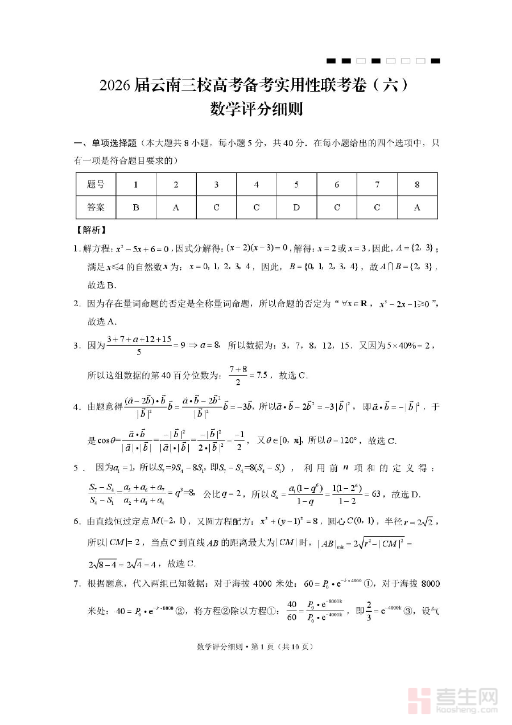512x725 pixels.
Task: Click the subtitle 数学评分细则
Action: pyautogui.click(x=255, y=108)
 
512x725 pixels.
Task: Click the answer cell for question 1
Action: pyautogui.click(x=136, y=208)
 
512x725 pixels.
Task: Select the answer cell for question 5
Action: pyautogui.click(x=296, y=208)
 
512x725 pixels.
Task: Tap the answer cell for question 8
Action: pyautogui.click(x=417, y=208)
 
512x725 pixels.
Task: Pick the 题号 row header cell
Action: pyautogui.click(x=96, y=184)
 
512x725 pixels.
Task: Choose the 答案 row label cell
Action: pyautogui.click(x=96, y=208)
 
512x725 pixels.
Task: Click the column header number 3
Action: pyautogui.click(x=216, y=184)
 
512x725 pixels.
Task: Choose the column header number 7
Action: pyautogui.click(x=377, y=184)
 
